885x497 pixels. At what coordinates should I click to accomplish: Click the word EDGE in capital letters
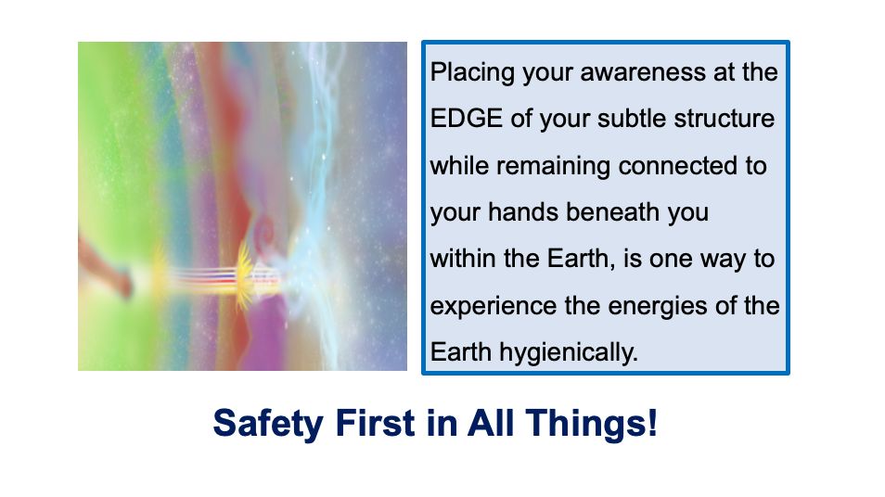click(467, 119)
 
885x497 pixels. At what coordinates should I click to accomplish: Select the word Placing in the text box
click(472, 73)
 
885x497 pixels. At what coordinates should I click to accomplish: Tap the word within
click(463, 259)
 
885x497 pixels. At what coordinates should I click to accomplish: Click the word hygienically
click(569, 353)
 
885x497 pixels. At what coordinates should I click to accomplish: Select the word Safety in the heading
click(267, 424)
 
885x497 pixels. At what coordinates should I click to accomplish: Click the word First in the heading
click(376, 423)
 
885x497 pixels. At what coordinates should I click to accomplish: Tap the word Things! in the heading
click(592, 423)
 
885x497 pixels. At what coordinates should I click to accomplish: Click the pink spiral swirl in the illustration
click(264, 230)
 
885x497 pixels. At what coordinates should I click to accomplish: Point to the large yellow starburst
click(244, 276)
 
